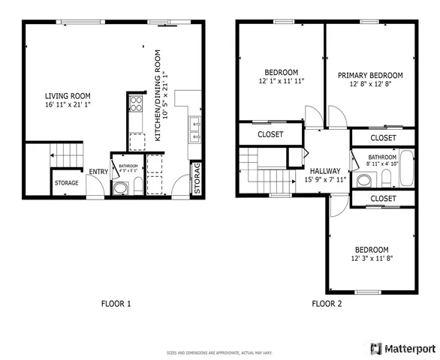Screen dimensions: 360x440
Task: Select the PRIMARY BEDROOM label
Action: [370, 75]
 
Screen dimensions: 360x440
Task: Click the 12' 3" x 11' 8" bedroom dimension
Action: [372, 259]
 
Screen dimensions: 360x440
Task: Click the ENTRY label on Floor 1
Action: [98, 172]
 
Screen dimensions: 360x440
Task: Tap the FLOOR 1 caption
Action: [116, 304]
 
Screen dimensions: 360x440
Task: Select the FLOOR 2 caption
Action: [327, 304]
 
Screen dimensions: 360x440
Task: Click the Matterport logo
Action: [407, 348]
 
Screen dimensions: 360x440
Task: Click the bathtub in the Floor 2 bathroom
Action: [407, 169]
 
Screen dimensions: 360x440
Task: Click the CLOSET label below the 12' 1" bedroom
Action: [270, 134]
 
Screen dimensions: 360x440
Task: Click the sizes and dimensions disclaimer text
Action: [219, 352]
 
